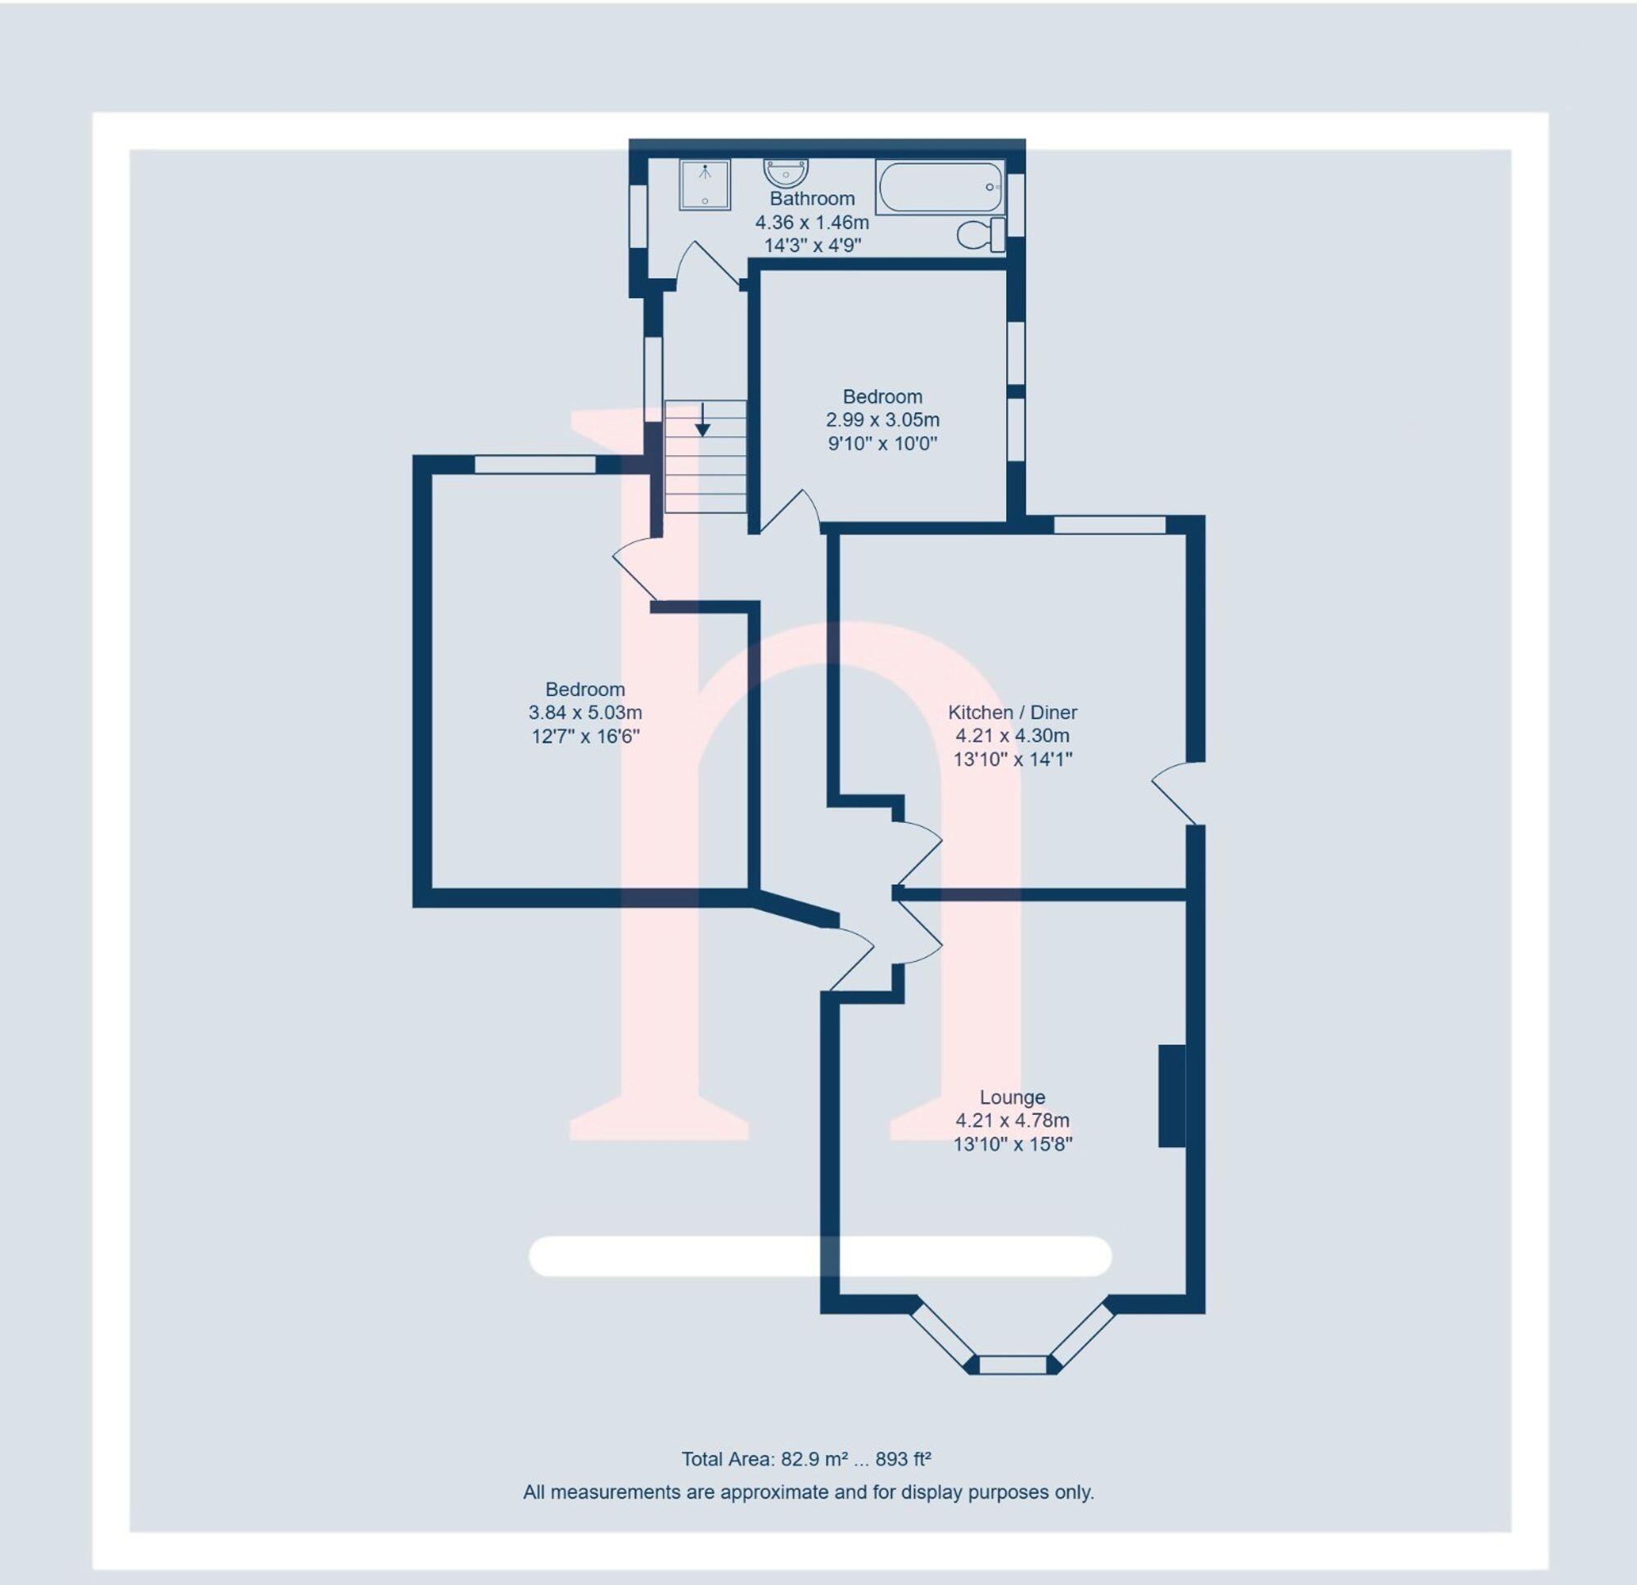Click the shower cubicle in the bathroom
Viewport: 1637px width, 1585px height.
[x=704, y=185]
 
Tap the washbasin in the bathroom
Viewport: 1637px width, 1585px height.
[x=785, y=173]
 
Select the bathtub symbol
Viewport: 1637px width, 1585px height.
[x=940, y=187]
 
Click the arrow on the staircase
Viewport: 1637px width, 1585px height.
[x=702, y=420]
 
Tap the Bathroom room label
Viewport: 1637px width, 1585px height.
[x=812, y=199]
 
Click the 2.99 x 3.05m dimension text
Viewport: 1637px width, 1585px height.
[x=882, y=419]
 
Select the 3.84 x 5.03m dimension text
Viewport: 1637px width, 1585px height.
[x=584, y=713]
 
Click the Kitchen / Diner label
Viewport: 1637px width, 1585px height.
[x=1012, y=712]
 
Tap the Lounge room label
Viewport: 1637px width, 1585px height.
[x=1012, y=1097]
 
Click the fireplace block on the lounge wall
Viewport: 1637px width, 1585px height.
[x=1172, y=1095]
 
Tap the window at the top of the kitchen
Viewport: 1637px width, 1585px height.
[x=1109, y=525]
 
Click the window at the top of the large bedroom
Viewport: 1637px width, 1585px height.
[x=535, y=463]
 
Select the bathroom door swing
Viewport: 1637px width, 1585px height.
[x=706, y=266]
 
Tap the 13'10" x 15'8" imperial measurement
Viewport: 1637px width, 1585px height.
[x=1012, y=1144]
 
